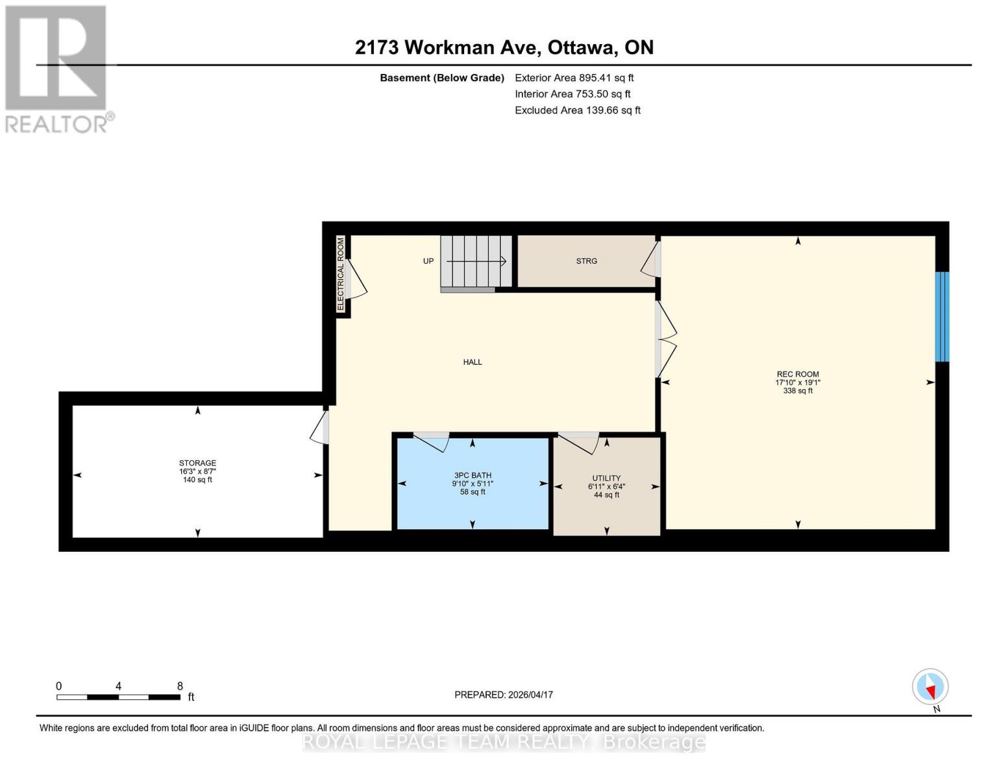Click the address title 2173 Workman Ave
click(504, 47)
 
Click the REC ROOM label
click(797, 374)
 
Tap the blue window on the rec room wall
click(941, 316)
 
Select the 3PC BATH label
click(472, 475)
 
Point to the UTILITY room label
click(606, 478)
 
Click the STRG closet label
click(586, 261)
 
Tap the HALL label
click(472, 362)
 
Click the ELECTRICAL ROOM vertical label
click(341, 274)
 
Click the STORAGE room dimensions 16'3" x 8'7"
click(197, 471)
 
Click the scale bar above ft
click(118, 697)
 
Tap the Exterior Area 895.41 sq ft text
click(574, 78)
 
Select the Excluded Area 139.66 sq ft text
click(577, 110)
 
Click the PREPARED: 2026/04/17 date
click(503, 695)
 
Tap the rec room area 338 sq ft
click(797, 391)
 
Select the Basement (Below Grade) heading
click(441, 78)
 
